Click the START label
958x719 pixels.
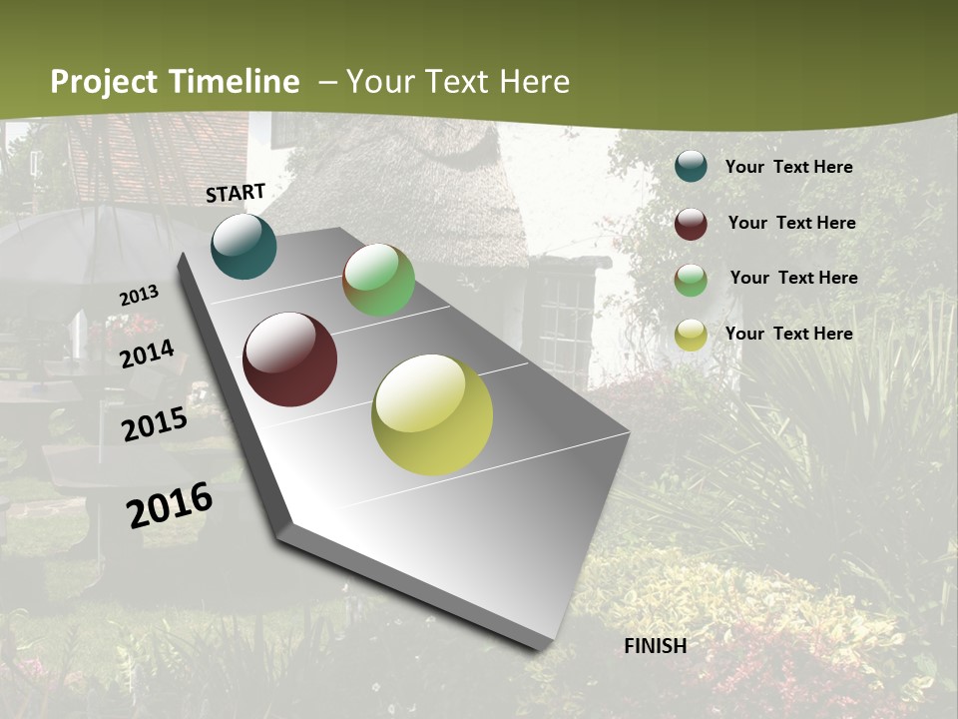(236, 193)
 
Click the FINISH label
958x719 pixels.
(655, 646)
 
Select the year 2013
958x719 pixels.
(140, 296)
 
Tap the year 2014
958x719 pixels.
(148, 354)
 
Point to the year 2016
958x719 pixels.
(170, 505)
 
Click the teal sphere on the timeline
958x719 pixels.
(243, 247)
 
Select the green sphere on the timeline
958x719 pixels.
(378, 281)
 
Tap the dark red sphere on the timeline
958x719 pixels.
(289, 359)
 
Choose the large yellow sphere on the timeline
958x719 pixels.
(432, 414)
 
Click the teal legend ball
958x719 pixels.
(691, 167)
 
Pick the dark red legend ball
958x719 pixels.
(691, 224)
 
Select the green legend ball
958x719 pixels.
(691, 280)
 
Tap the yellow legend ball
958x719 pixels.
(691, 336)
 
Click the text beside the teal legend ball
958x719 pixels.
(788, 168)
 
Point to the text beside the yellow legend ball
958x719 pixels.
(788, 334)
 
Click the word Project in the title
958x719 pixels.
(104, 83)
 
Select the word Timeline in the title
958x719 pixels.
(235, 82)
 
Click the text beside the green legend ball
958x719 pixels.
(793, 278)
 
